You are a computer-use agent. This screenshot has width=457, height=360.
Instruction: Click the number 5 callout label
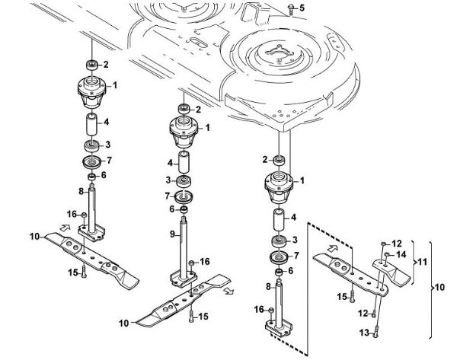click(300, 8)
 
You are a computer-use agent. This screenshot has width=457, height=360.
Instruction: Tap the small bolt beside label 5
click(290, 8)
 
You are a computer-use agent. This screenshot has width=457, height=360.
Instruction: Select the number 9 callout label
click(173, 233)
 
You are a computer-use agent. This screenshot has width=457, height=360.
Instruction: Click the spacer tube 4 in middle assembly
click(184, 164)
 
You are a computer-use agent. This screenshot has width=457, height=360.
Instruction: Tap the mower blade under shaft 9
click(189, 299)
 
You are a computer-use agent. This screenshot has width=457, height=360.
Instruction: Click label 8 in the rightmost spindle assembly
click(268, 286)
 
